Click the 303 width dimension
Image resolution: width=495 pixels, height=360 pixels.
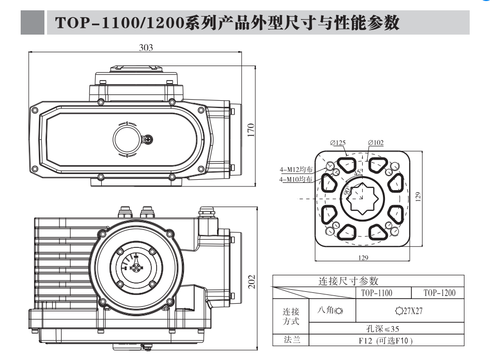pos(146,47)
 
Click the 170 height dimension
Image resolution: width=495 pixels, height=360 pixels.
pos(251,129)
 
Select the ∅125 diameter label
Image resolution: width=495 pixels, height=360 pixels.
pos(338,143)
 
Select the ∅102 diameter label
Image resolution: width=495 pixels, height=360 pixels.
pos(376,143)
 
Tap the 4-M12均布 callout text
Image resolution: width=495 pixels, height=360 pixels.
pos(296,169)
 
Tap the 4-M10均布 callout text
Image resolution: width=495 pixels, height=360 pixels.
pos(296,179)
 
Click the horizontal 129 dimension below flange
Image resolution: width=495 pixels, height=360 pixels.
pos(363,258)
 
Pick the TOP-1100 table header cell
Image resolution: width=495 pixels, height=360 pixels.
pos(376,293)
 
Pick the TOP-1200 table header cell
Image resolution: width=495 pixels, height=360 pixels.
pos(439,293)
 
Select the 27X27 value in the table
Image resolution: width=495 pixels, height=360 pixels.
pos(409,311)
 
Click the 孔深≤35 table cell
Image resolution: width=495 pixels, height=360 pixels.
pos(382,328)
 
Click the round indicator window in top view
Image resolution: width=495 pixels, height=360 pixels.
pos(127,138)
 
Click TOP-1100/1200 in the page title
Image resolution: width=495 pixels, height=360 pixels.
pos(119,23)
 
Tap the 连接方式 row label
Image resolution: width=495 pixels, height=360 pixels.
pos(290,316)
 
